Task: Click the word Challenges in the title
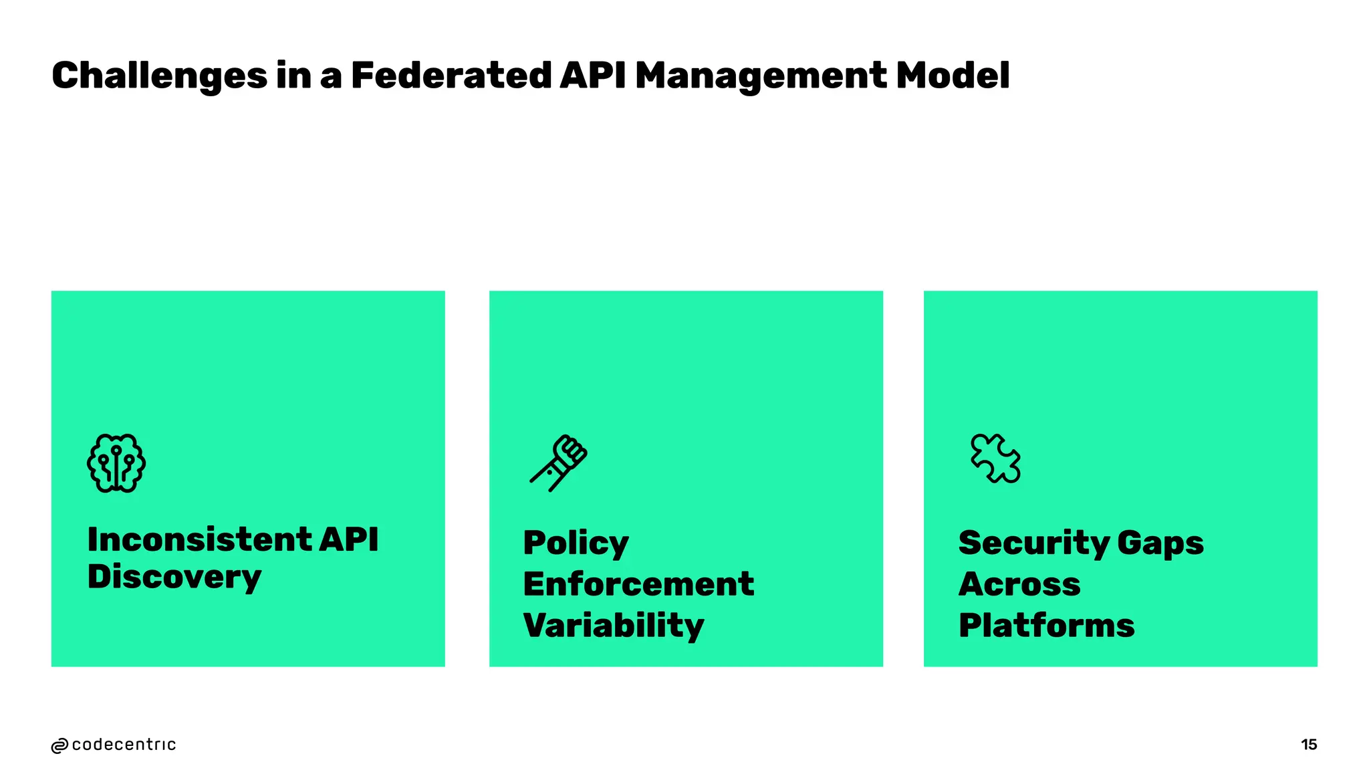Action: pos(159,76)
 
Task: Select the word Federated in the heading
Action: pos(451,75)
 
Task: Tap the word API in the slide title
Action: pos(592,75)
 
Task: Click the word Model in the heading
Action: pos(953,75)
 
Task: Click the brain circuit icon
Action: pos(116,463)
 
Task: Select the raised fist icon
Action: pos(559,463)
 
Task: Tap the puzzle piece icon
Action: pos(995,459)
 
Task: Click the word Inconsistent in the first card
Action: pos(199,539)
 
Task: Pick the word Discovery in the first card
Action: pos(174,577)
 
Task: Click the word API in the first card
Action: pos(348,539)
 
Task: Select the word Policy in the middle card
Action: pos(576,543)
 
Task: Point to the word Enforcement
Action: pos(638,584)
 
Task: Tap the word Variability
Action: pos(613,626)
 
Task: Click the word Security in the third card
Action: pos(1033,543)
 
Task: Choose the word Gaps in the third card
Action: pos(1160,543)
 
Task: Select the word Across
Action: pos(1019,584)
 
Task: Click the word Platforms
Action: pos(1046,626)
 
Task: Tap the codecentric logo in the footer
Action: pos(114,745)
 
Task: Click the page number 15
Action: pos(1309,745)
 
